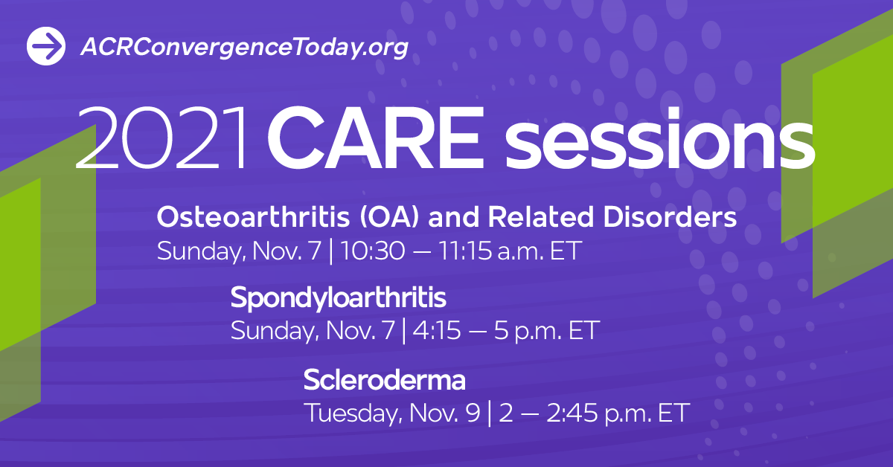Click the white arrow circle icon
pyautogui.click(x=47, y=47)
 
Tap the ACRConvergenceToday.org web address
pyautogui.click(x=244, y=48)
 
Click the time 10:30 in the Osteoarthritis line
pyautogui.click(x=371, y=251)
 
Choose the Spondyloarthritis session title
pyautogui.click(x=339, y=299)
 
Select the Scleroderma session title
pyautogui.click(x=384, y=380)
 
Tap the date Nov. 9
pyautogui.click(x=444, y=413)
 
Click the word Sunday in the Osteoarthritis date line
pyautogui.click(x=198, y=251)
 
